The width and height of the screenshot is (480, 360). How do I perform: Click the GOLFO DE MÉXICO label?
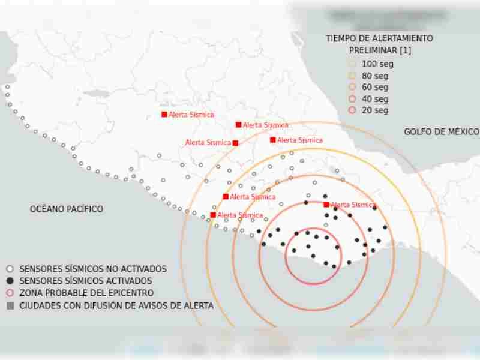pos(441,131)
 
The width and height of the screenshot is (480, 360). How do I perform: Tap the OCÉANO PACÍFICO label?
pos(66,209)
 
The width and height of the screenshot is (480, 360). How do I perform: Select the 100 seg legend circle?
pos(352,64)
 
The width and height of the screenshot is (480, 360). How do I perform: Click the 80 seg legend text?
pos(375,76)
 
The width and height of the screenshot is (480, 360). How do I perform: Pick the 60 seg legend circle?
pos(352,88)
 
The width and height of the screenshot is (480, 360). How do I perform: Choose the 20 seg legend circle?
pos(352,110)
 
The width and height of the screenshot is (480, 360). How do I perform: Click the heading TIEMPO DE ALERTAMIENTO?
pos(379,38)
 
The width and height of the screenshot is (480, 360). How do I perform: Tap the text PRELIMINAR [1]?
pos(380,50)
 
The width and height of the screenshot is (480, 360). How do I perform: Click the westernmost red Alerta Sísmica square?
pos(164,114)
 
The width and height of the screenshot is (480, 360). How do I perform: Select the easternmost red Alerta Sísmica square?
pos(326,205)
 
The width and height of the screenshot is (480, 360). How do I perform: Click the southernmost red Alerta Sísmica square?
pos(213,215)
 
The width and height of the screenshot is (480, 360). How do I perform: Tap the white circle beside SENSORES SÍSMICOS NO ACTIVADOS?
pos(10,269)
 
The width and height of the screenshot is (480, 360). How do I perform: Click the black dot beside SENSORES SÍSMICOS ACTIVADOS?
pos(10,281)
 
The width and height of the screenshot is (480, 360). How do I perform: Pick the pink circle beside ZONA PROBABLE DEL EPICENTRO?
pos(10,293)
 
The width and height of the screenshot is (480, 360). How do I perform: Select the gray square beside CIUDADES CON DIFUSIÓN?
pos(10,305)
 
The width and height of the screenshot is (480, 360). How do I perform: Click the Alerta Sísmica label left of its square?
pos(208,143)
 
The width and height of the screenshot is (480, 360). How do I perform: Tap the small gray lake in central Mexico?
pos(96,94)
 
